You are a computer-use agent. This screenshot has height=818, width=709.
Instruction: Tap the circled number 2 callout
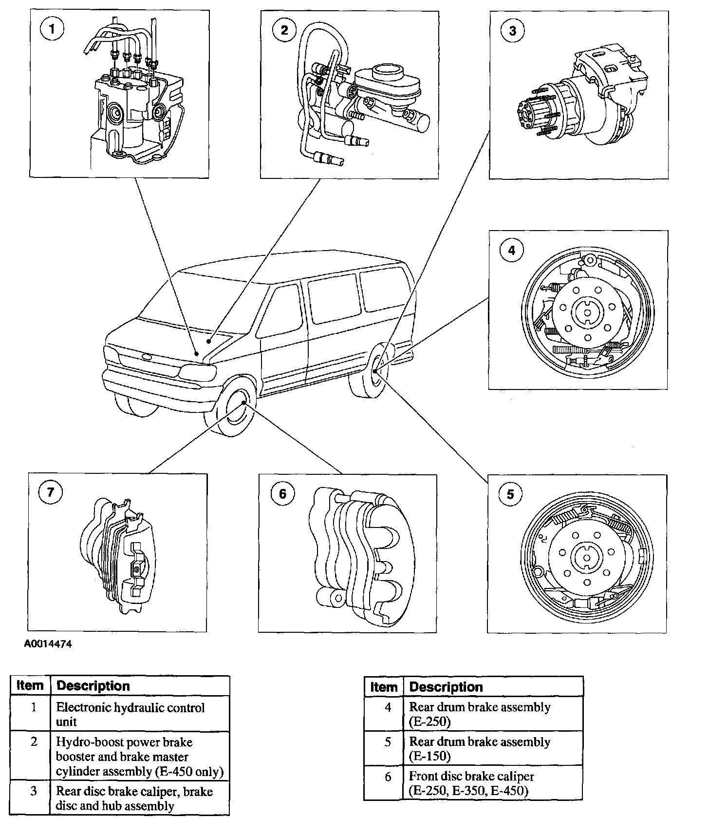284,30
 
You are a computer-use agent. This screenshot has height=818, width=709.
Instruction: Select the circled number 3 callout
513,31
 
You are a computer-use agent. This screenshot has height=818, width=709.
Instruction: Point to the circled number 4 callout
511,251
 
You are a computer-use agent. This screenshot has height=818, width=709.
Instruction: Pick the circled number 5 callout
510,494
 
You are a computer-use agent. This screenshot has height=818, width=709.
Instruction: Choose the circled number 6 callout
283,494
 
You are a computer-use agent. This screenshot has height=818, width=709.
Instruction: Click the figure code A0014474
48,644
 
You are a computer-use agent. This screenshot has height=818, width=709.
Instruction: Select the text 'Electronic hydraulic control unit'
130,714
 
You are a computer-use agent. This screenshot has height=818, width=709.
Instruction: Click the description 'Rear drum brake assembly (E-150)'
480,748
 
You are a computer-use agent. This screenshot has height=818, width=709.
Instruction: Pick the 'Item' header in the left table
30,685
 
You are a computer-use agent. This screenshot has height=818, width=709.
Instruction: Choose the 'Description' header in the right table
446,687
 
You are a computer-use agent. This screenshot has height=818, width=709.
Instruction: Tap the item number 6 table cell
388,777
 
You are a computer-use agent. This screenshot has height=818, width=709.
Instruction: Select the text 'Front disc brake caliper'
471,777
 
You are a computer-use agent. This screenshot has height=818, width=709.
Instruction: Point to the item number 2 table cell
34,742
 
